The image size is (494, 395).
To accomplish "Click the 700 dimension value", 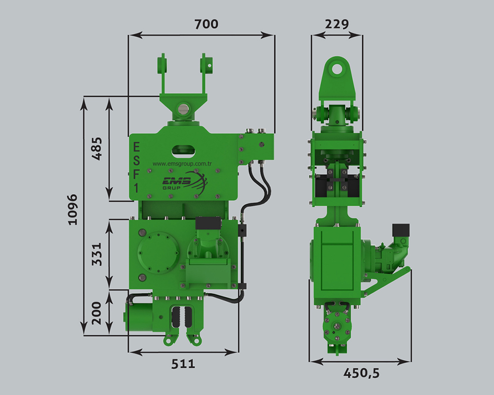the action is tap(206, 24).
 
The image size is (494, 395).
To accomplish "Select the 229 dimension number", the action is tap(337, 24).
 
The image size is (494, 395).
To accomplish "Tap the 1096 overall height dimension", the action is tap(73, 209).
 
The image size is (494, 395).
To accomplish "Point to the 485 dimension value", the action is tap(97, 148).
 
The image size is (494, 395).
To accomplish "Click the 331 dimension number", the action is tap(97, 254).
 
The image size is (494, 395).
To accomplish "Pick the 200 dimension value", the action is tap(96, 313).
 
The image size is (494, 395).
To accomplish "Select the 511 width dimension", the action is tap(183, 364).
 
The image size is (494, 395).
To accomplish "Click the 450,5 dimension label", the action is tap(362, 373).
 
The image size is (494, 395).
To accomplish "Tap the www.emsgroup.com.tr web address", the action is tap(182, 164).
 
